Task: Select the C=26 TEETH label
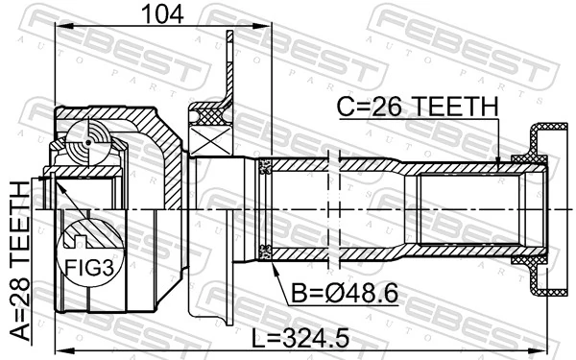(417, 109)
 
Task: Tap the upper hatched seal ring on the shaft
(267, 167)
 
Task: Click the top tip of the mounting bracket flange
(229, 36)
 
